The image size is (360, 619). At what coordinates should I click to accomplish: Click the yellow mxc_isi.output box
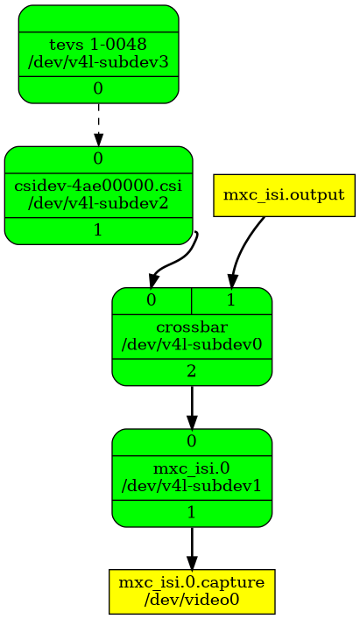coord(284,195)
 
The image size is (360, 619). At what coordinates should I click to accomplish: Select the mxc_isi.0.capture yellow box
coord(192,591)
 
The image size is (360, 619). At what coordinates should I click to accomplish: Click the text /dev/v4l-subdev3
coord(98,62)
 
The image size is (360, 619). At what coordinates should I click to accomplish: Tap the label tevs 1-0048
coord(98,45)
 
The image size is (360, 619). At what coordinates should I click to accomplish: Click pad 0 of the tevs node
coord(98,89)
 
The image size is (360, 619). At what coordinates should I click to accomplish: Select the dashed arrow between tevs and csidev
coord(98,124)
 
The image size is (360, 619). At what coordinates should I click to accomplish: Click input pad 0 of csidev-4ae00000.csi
coord(98,158)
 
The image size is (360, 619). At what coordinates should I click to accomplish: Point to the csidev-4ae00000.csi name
coord(98,186)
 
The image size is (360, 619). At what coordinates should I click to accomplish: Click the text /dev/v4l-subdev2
coord(98,203)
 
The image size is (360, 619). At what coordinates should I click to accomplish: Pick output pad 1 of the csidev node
coord(98,230)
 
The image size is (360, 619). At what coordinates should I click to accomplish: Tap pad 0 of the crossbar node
coord(152,301)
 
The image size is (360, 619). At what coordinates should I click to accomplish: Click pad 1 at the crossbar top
coord(232,301)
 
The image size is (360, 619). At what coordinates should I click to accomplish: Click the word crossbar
coord(192,327)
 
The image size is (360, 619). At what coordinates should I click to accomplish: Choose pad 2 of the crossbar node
coord(192,372)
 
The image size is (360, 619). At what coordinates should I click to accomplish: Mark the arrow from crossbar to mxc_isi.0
coord(192,407)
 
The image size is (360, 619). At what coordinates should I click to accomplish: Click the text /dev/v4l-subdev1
coord(192,486)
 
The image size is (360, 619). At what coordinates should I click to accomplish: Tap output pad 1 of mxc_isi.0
coord(192,513)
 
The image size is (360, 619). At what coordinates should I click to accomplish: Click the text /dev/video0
coord(192,600)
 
